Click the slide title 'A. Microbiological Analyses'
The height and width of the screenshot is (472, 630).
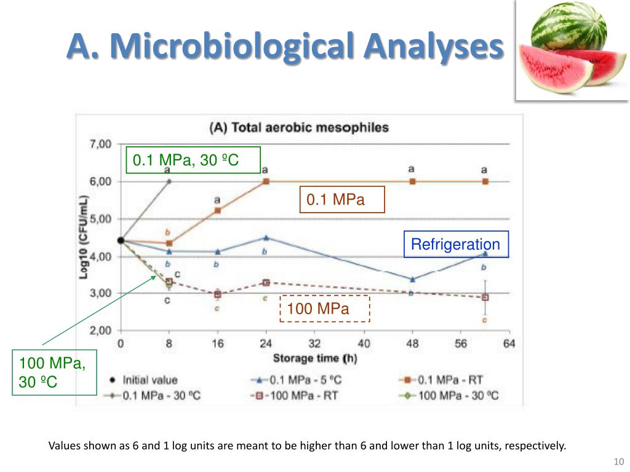[284, 46]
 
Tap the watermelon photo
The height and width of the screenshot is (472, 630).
[572, 51]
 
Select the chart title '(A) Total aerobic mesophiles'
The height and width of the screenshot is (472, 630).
[299, 128]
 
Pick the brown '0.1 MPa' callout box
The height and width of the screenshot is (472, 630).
[341, 200]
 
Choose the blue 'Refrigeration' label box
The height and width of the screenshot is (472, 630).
[455, 245]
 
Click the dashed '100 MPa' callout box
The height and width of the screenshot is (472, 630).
[325, 309]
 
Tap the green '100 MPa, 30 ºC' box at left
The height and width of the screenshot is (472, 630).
[54, 372]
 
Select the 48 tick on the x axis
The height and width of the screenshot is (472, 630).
[412, 344]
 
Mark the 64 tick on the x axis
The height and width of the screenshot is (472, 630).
[509, 344]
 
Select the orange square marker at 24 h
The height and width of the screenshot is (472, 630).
[266, 181]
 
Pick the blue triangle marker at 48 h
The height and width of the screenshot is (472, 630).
[412, 279]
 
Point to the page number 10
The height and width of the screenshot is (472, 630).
[619, 462]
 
